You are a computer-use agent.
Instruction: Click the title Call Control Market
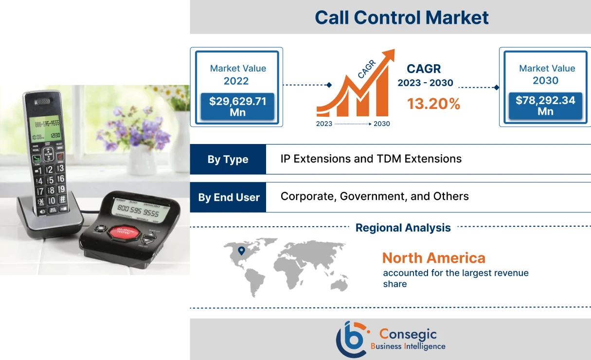point(401,18)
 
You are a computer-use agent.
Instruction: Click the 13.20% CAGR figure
point(433,103)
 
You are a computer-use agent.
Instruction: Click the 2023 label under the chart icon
point(324,124)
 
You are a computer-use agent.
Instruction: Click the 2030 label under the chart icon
point(381,124)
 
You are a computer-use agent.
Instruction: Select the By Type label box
point(228,159)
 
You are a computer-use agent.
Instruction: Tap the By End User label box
point(228,197)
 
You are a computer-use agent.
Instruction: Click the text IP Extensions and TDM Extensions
point(371,159)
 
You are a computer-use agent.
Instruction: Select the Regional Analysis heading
point(403,228)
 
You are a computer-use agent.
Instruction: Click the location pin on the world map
point(241,251)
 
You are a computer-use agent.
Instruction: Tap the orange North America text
point(433,258)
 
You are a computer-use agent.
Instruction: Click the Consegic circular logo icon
point(351,339)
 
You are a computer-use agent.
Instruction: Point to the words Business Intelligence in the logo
point(408,346)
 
